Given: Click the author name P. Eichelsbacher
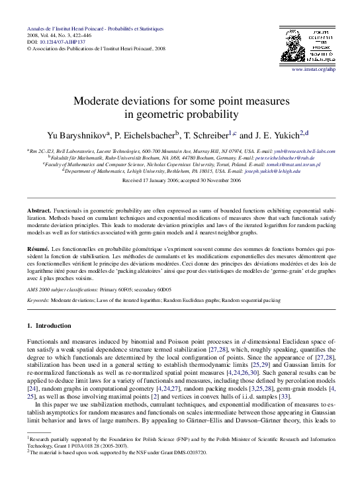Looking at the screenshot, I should [145, 134].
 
